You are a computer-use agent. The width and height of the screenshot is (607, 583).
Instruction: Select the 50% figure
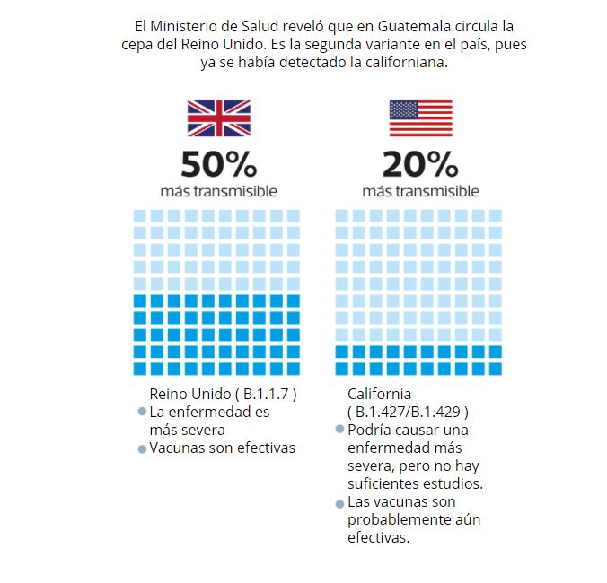(218, 165)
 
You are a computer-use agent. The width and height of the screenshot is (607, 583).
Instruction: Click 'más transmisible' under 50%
(218, 191)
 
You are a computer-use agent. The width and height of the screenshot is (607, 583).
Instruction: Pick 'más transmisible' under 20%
(420, 191)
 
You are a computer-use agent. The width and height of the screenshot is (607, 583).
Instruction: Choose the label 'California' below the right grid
(379, 394)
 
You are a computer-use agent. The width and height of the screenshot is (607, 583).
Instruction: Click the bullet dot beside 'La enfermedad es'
(142, 413)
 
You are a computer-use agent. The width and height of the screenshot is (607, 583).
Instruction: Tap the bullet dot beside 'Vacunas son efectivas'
(142, 448)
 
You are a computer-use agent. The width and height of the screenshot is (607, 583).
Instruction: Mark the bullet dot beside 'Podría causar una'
(339, 430)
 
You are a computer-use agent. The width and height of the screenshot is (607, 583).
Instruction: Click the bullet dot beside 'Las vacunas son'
(339, 503)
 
